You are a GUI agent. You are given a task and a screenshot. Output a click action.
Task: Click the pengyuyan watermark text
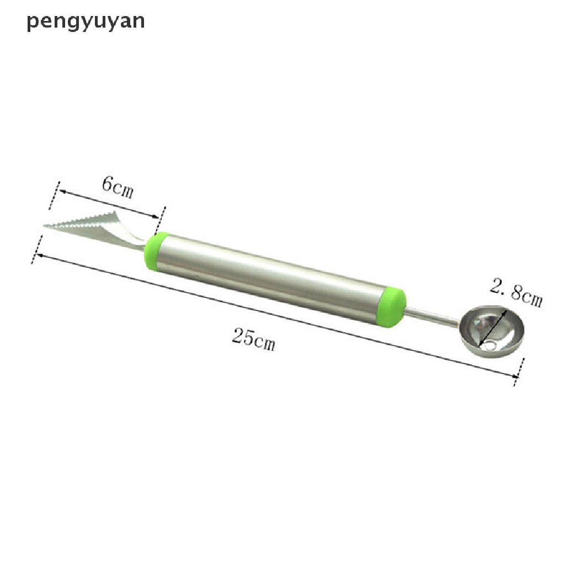tap(86, 22)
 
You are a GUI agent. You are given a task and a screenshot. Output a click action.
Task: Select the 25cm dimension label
tap(253, 337)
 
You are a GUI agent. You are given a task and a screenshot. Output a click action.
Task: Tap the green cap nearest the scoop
tap(394, 307)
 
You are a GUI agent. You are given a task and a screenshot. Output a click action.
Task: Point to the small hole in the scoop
tap(489, 347)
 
